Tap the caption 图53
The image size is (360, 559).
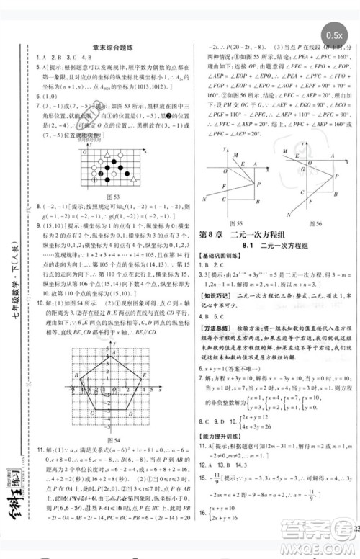pos(112,197)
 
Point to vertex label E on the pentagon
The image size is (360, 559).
pos(71,367)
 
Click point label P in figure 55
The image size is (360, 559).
pos(257,185)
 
